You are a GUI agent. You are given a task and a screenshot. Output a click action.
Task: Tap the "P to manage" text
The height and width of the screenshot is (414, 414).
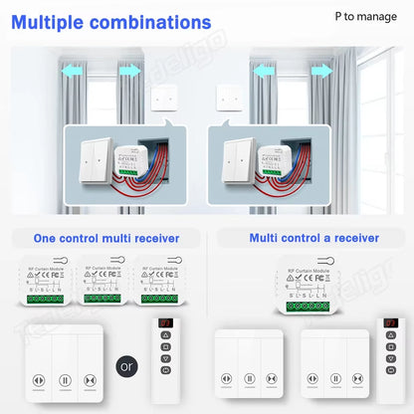tap(364, 17)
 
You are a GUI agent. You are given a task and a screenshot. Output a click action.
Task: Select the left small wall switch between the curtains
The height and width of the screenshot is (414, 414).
tap(165, 96)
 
